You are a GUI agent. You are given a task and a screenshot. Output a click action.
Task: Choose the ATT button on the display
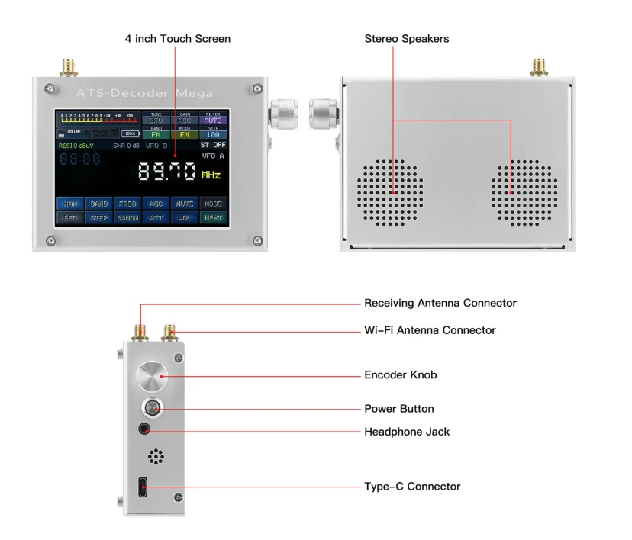click(x=156, y=217)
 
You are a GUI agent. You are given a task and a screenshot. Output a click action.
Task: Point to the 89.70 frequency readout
click(x=167, y=172)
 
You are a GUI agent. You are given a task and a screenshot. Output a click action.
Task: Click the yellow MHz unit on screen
click(x=211, y=175)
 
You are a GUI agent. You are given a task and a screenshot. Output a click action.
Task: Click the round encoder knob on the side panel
click(x=151, y=377)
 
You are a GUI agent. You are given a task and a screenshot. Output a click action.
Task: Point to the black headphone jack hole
click(x=143, y=430)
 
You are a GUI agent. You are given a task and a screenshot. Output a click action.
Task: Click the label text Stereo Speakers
click(x=406, y=38)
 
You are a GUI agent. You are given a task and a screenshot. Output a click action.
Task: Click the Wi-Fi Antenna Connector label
click(x=430, y=330)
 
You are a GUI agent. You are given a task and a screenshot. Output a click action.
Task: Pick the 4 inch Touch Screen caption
click(x=178, y=38)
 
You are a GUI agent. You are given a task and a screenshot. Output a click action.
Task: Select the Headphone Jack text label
click(x=407, y=432)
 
